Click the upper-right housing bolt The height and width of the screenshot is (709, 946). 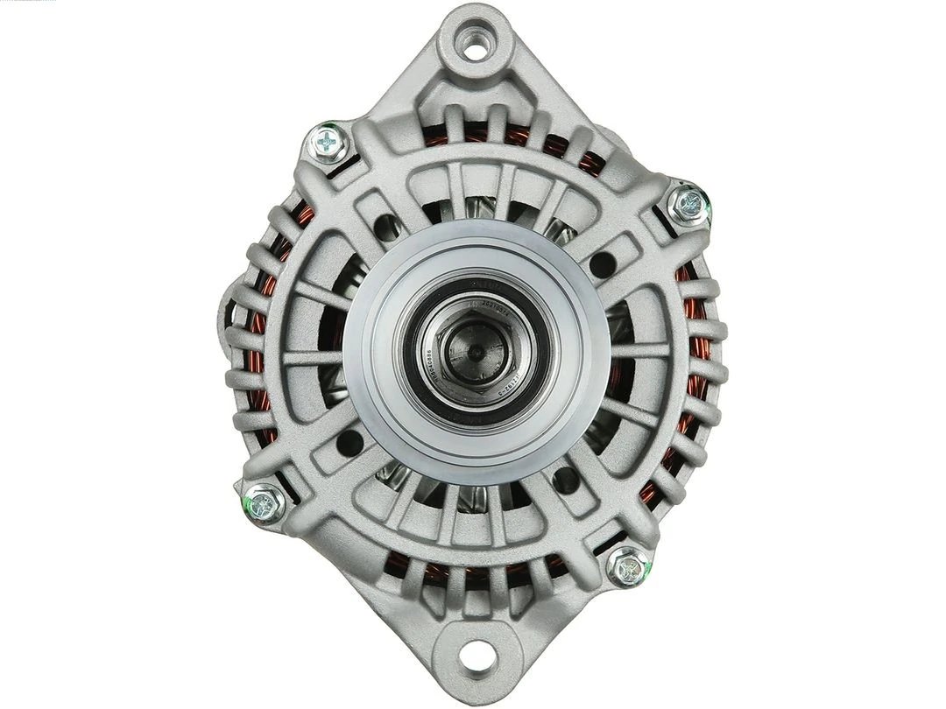(x=688, y=204)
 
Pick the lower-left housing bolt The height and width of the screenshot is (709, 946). (x=262, y=503)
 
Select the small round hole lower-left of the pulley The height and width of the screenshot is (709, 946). (x=349, y=442)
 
